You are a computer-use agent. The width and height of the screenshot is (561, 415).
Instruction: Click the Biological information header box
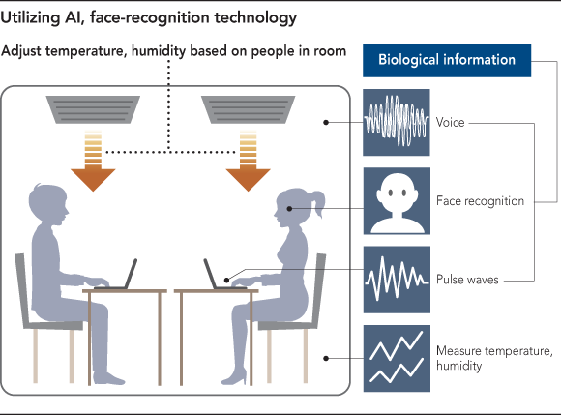[447, 60]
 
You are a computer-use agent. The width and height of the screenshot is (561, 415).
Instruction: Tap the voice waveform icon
[397, 122]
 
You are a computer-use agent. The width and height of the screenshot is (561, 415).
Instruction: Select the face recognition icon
[397, 201]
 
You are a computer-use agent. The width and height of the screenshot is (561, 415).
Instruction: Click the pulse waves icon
[397, 280]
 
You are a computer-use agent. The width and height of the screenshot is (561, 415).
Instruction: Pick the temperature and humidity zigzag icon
[397, 358]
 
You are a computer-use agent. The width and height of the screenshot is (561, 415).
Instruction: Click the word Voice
[450, 122]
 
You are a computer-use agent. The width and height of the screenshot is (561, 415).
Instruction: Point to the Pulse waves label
[467, 280]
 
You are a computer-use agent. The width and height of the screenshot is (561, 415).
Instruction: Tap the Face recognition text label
[480, 201]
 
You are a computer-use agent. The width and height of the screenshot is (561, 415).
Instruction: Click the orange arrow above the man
[93, 161]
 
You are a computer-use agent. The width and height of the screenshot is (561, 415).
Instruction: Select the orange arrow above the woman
[248, 161]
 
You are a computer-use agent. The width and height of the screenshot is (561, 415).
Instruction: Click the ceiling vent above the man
[93, 109]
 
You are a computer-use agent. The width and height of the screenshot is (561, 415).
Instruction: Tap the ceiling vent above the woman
[248, 109]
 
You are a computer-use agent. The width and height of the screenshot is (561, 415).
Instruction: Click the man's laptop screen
[131, 274]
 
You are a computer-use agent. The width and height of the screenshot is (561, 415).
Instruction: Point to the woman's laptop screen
[210, 274]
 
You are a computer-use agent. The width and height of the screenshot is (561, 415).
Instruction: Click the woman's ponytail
[318, 203]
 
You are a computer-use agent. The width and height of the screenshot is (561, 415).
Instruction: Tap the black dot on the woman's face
[289, 209]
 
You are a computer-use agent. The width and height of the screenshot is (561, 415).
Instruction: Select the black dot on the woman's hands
[226, 280]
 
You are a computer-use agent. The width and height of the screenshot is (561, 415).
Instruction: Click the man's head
[48, 205]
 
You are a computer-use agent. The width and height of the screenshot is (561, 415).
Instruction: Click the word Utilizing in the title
[30, 18]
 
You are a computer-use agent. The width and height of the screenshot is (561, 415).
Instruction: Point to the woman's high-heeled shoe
[234, 376]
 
